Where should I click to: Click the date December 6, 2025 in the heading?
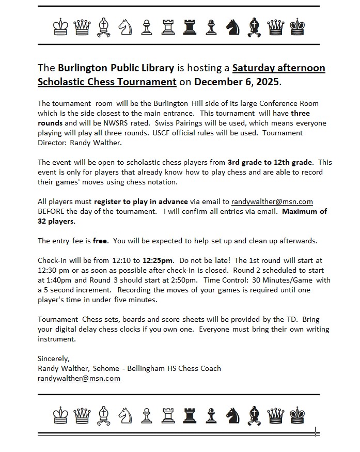tap(237, 82)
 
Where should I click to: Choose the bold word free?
tap(100, 241)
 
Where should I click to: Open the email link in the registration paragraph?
tap(272, 201)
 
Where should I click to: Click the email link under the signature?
tap(79, 378)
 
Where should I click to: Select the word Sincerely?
tap(53, 359)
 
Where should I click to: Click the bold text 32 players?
tap(56, 221)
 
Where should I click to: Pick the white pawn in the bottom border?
tap(147, 413)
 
